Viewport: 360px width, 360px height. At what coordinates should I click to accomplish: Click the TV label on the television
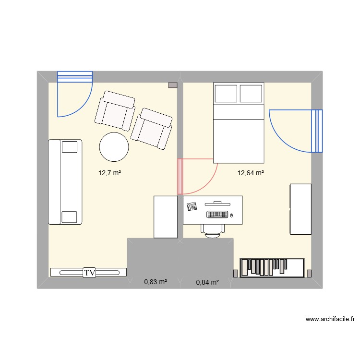tap(89, 273)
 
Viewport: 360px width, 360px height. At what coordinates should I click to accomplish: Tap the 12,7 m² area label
tap(109, 173)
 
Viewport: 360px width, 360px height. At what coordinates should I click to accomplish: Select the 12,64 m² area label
tap(250, 173)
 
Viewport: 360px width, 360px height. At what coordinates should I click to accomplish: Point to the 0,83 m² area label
tap(156, 282)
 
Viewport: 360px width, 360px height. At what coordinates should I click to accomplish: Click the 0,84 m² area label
tap(207, 282)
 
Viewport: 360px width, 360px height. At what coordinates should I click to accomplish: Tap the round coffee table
tap(114, 146)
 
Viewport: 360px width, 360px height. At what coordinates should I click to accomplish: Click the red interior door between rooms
tap(180, 176)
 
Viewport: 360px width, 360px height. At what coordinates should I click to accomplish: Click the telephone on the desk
tap(193, 206)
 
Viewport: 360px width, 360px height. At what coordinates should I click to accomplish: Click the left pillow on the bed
tap(226, 93)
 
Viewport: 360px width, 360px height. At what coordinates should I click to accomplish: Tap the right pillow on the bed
tap(251, 93)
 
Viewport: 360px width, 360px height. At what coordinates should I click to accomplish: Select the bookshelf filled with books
tap(272, 267)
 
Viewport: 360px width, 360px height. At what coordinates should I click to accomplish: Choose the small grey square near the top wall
tap(172, 85)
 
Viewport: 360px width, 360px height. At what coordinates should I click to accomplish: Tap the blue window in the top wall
tap(74, 77)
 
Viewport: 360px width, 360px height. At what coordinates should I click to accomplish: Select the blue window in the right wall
tap(317, 131)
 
